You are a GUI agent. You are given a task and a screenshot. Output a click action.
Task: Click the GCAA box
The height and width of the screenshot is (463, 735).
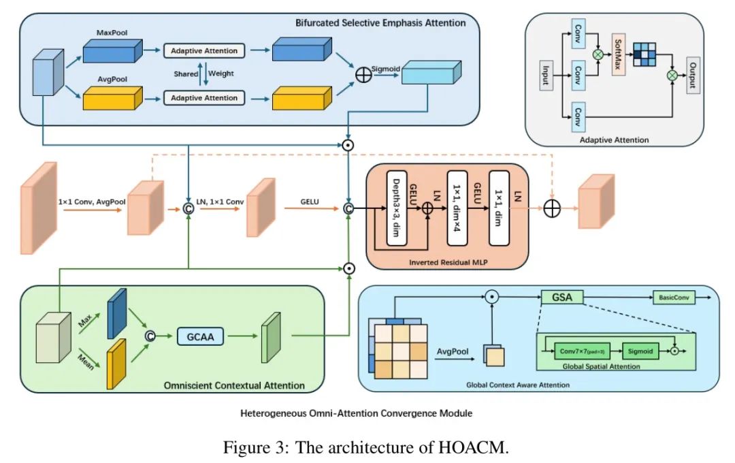click(x=200, y=335)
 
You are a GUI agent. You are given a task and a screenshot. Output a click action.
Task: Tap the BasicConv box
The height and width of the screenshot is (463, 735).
click(x=674, y=298)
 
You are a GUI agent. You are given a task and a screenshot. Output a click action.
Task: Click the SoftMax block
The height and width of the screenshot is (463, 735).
click(x=619, y=54)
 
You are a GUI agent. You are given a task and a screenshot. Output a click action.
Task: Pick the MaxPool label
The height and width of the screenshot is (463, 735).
click(x=112, y=32)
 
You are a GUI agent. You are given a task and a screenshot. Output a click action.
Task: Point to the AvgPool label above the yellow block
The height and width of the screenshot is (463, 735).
click(x=112, y=80)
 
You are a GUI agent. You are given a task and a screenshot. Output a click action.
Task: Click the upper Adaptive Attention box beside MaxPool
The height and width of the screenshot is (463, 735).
click(x=204, y=50)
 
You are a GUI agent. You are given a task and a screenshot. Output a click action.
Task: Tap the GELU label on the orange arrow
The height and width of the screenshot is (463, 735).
click(x=310, y=202)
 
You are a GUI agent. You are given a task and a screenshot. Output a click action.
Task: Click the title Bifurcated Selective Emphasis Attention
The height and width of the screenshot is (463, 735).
click(x=380, y=22)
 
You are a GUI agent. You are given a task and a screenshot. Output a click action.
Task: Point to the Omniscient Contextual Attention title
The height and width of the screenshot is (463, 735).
click(x=234, y=385)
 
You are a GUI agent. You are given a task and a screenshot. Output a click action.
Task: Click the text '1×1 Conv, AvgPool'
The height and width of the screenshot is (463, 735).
click(x=88, y=202)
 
